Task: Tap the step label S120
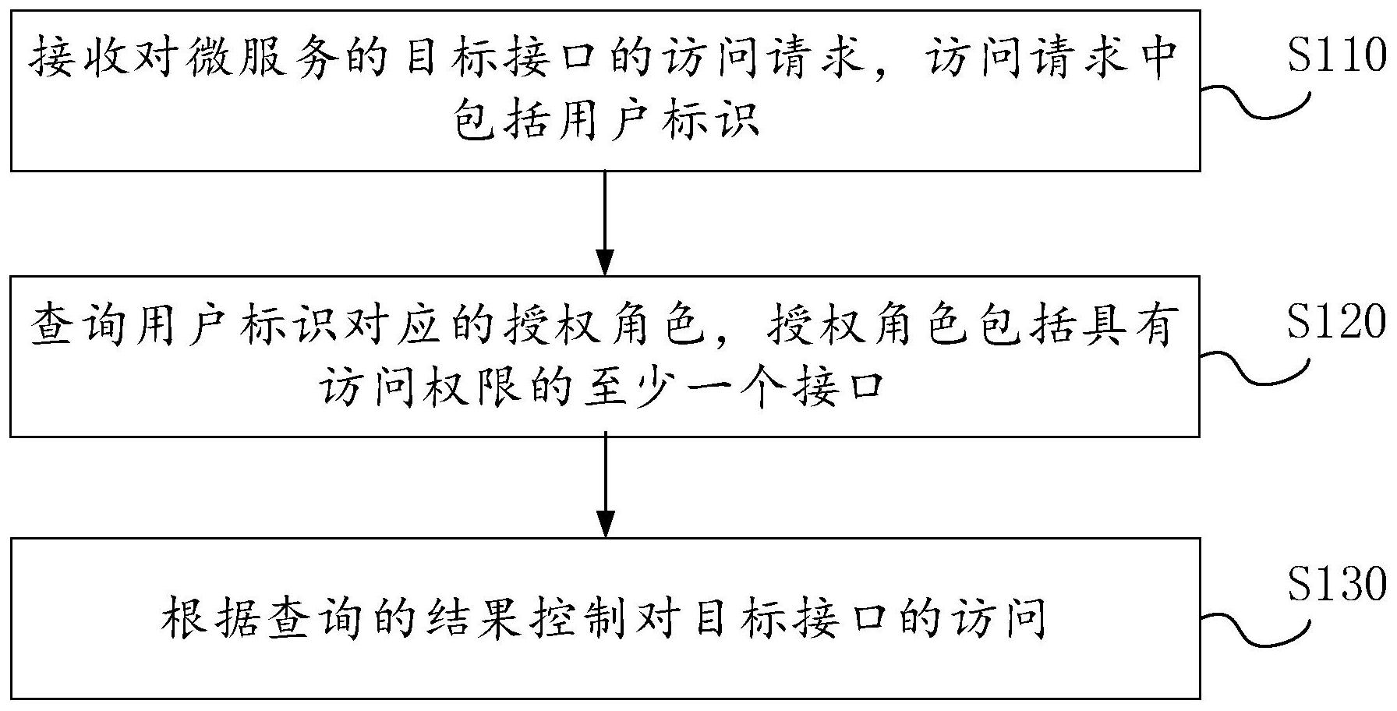coord(1336,321)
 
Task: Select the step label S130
coord(1336,584)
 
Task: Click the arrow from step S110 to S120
coord(605,222)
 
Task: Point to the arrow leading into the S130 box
coord(605,486)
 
